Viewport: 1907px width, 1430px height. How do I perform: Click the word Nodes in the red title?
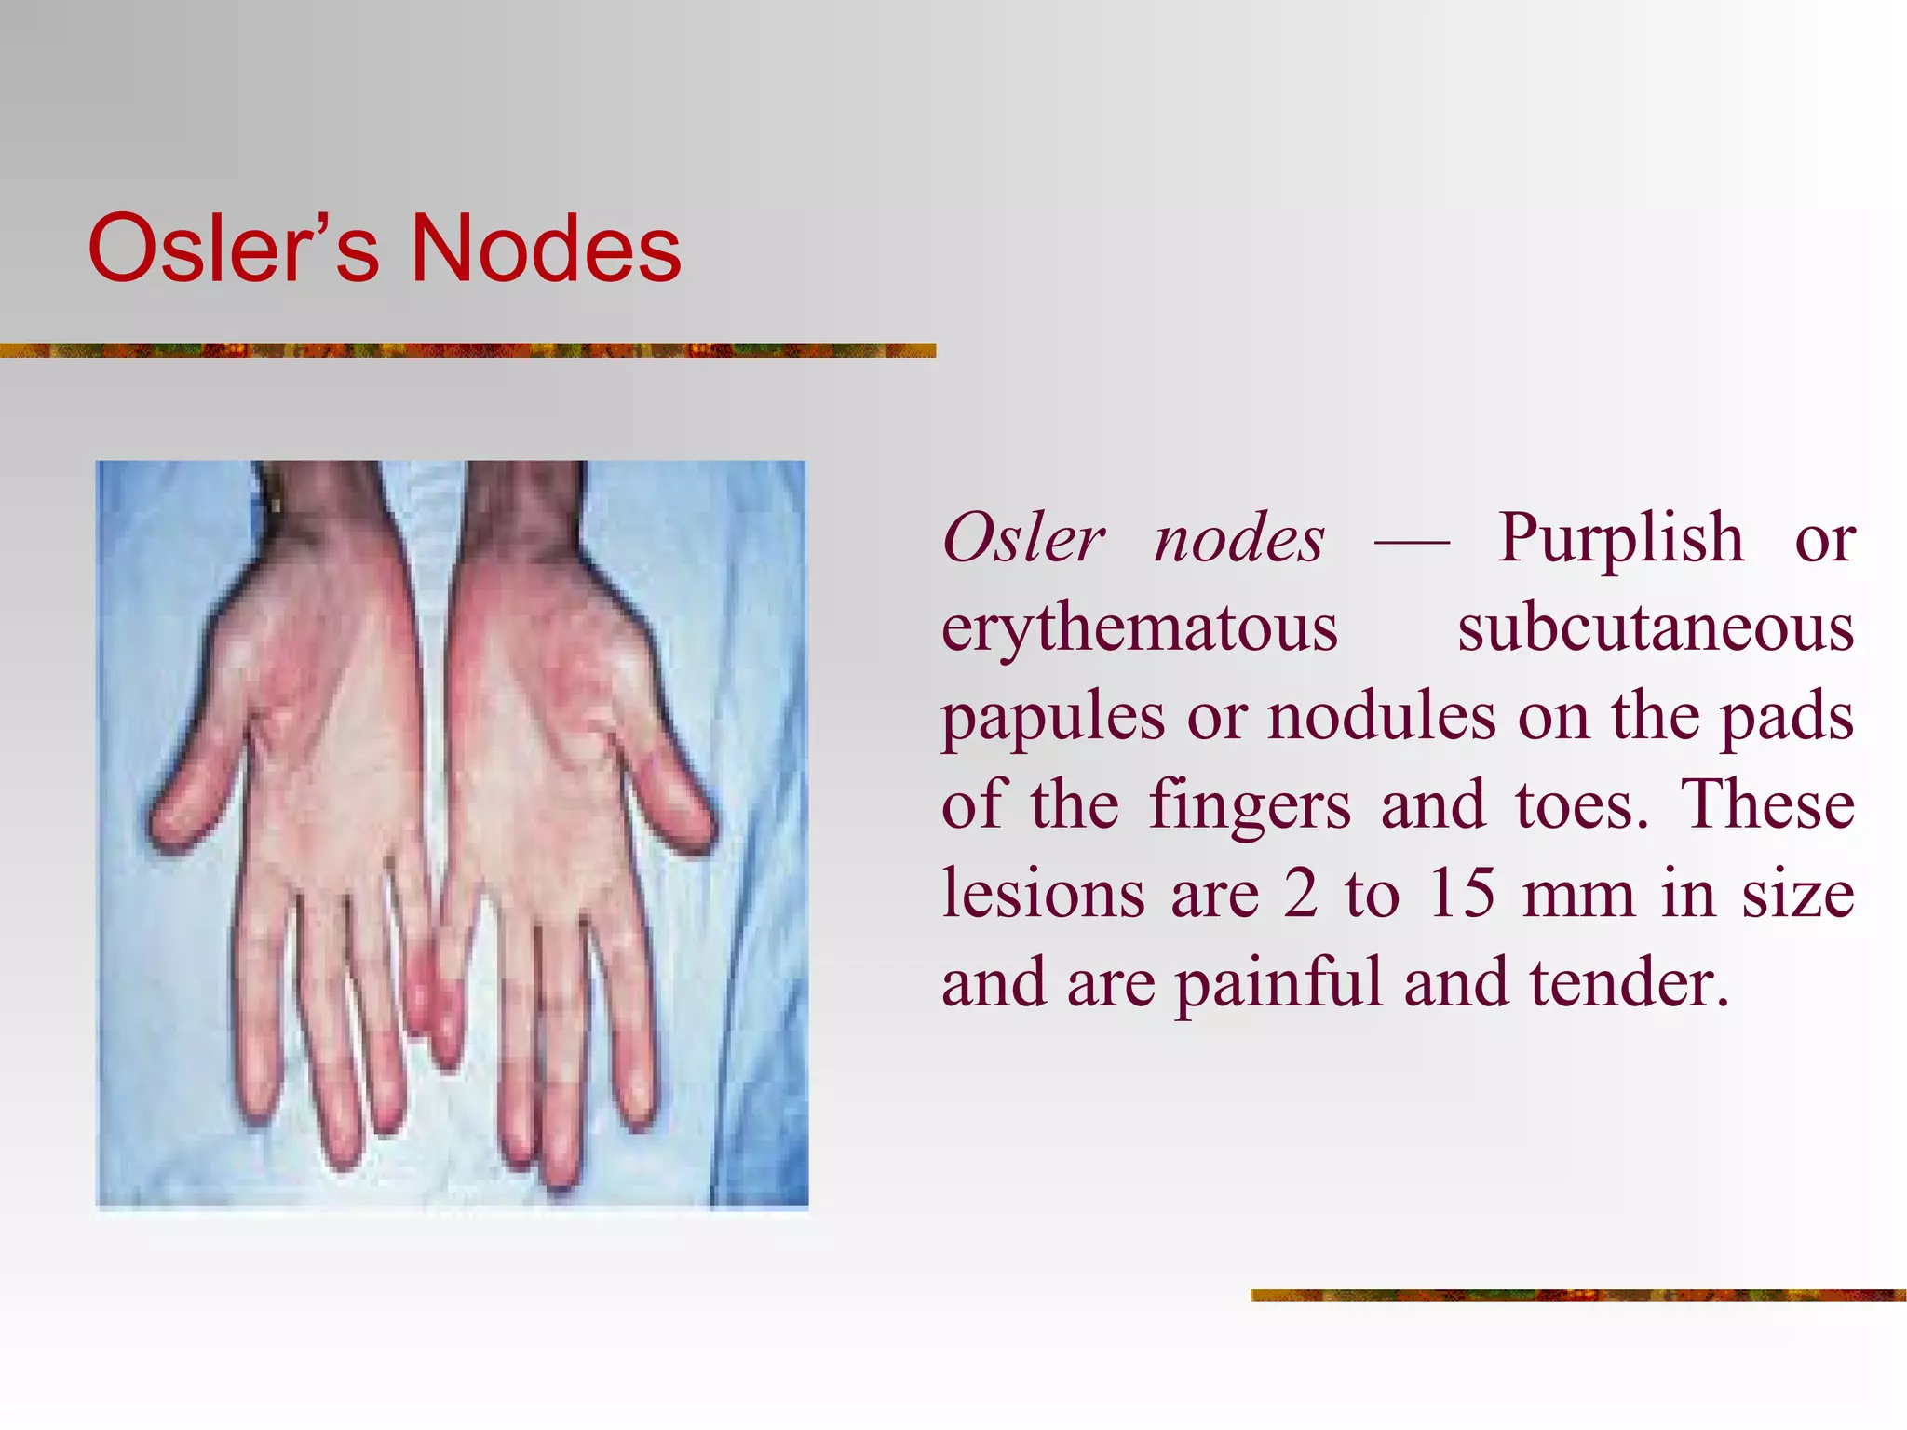click(x=546, y=249)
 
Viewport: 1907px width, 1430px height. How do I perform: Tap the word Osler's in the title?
click(x=233, y=249)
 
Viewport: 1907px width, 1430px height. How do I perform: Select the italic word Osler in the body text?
click(x=1023, y=539)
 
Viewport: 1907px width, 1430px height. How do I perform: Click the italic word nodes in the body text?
click(x=1238, y=539)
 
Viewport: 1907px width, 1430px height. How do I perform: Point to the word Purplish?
click(x=1620, y=539)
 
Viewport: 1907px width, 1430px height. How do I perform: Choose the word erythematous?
click(x=1140, y=627)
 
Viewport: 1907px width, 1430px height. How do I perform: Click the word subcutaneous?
click(x=1656, y=627)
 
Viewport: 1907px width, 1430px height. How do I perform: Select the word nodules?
click(x=1382, y=717)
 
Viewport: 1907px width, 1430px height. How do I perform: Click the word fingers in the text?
click(x=1249, y=806)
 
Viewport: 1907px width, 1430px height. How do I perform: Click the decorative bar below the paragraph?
click(x=1578, y=1295)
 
